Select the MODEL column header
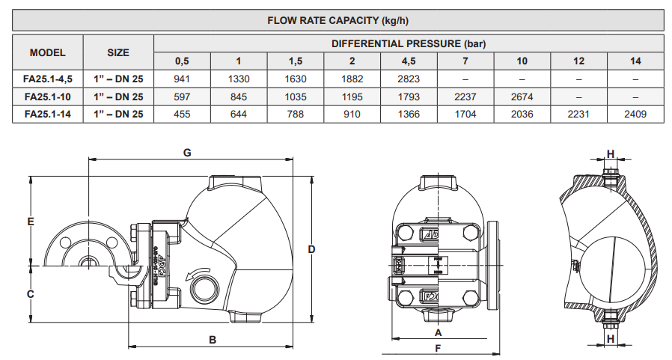point(47,52)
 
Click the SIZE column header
point(117,52)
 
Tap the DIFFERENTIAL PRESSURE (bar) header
point(409,43)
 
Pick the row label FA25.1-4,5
point(47,79)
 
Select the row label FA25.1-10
point(47,97)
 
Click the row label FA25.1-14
point(47,114)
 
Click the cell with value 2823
point(409,79)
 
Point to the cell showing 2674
point(522,97)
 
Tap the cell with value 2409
point(635,114)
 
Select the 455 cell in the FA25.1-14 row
point(182,114)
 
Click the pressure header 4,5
point(409,61)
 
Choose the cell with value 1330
point(239,79)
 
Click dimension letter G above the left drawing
point(188,153)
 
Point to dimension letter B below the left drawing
point(213,340)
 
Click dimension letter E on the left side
point(31,222)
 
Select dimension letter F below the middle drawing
point(438,348)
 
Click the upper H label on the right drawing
point(611,153)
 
